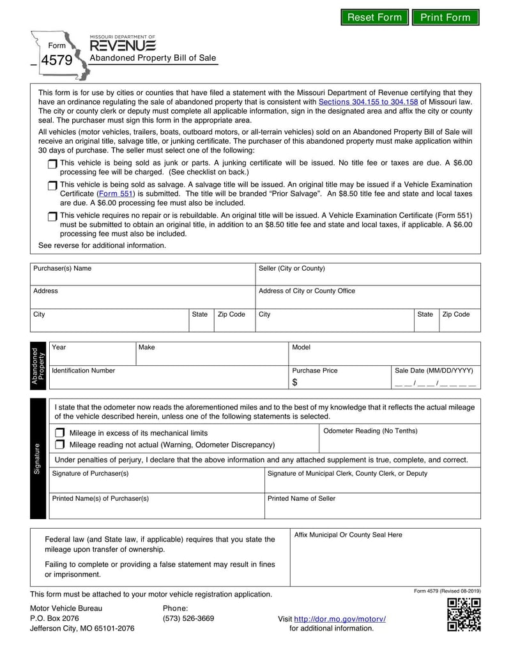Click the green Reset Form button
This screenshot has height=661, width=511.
click(374, 17)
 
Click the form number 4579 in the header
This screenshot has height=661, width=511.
click(57, 60)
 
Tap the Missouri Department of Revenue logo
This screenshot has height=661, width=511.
click(122, 45)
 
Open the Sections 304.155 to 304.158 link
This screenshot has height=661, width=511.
click(368, 102)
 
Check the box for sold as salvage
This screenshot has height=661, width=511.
click(52, 185)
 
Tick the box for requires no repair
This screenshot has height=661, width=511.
click(52, 217)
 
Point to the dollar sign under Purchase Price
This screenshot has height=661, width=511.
click(295, 383)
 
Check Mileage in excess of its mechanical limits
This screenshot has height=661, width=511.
click(60, 432)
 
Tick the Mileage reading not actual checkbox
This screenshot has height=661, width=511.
click(60, 444)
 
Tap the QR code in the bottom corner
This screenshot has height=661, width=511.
click(464, 615)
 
